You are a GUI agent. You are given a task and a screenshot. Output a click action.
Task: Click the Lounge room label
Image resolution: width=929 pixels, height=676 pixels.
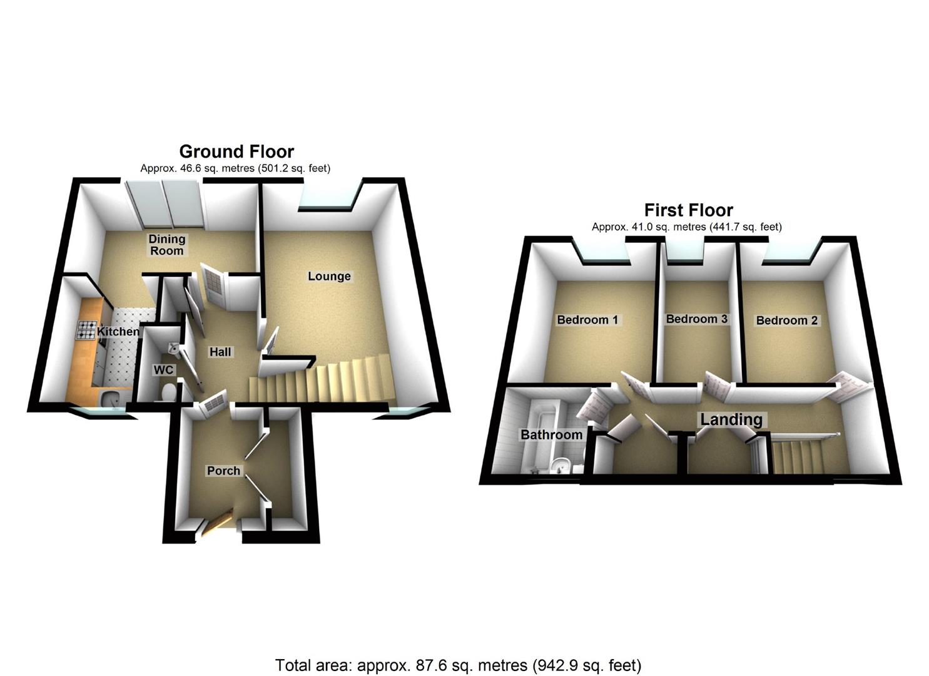pos(329,276)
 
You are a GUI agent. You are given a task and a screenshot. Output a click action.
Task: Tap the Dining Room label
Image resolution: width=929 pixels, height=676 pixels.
pos(166,245)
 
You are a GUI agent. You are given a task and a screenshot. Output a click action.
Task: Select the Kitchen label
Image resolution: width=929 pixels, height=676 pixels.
pos(118,331)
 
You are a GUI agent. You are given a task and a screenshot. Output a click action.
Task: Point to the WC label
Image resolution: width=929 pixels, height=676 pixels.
pos(163,370)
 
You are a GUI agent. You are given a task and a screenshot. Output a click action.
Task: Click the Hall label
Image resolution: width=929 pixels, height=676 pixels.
pos(220,352)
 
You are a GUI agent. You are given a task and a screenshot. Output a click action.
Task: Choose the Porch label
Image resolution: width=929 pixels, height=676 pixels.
pos(223,470)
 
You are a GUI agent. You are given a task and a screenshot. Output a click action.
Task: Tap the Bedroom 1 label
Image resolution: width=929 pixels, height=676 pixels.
pos(587,320)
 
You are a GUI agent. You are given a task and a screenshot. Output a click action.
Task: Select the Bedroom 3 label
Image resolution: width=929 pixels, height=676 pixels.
pos(696,319)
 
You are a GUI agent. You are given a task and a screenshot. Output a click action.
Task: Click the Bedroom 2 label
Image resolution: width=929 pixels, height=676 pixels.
pos(786,320)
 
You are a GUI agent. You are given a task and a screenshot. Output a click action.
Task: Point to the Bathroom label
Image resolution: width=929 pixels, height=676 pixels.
pos(551,434)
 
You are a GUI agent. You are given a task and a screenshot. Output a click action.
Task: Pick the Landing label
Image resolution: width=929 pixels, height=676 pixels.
pos(731,419)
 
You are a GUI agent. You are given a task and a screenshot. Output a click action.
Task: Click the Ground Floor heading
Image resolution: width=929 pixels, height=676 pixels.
pos(236,151)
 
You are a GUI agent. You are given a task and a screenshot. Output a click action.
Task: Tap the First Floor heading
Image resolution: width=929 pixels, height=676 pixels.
pos(688,210)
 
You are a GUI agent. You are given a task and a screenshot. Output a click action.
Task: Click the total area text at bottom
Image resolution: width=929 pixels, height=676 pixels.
pos(458,665)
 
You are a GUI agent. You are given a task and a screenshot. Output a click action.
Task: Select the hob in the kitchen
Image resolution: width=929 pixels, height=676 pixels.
pos(85,330)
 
